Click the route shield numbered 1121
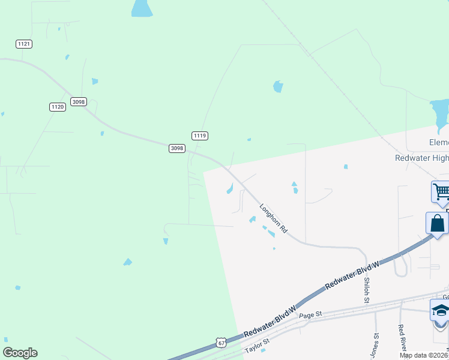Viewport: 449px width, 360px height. (24, 44)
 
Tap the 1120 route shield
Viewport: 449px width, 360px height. (57, 107)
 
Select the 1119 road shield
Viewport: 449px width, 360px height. (200, 136)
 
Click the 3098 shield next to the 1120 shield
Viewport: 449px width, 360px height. (78, 102)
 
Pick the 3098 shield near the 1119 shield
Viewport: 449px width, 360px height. (176, 148)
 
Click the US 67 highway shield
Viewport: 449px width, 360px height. (220, 343)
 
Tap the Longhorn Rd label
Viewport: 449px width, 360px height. (274, 218)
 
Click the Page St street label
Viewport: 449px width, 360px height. (311, 314)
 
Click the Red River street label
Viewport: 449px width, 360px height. (401, 338)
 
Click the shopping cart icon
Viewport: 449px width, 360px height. (441, 192)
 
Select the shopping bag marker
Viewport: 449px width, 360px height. (438, 223)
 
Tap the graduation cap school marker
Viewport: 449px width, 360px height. (440, 311)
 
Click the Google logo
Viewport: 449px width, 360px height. (20, 353)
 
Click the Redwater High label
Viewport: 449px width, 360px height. (421, 158)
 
